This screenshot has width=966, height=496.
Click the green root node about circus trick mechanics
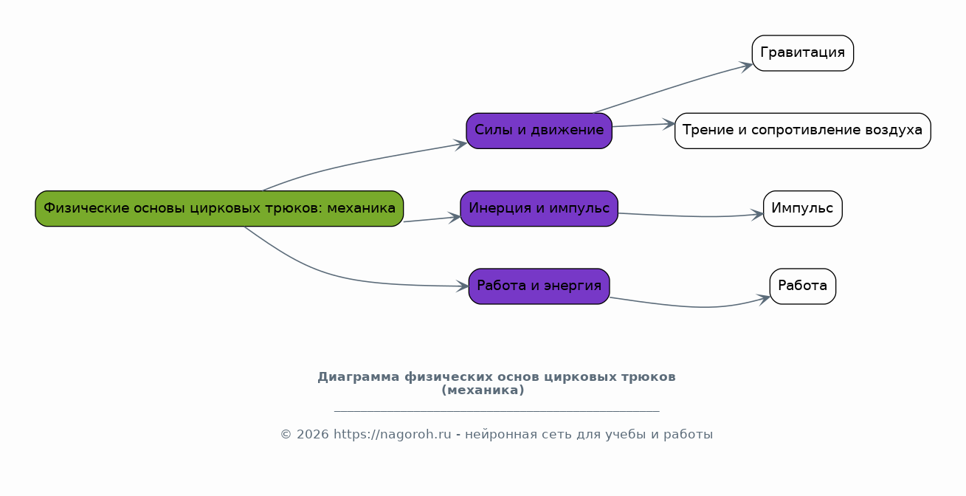point(219,208)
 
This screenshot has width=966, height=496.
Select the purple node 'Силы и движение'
point(539,131)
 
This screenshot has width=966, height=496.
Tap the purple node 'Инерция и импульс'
point(539,208)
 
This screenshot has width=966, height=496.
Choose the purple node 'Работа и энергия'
point(539,286)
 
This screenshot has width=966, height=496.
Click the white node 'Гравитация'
point(802,53)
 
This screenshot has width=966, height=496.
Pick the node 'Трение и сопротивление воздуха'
point(802,131)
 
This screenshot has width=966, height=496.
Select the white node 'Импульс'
point(802,208)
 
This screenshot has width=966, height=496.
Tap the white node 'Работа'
point(802,286)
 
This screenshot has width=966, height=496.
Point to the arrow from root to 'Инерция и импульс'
point(432,219)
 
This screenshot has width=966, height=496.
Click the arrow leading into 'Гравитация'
point(672,88)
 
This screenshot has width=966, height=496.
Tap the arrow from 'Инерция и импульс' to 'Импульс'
point(694,216)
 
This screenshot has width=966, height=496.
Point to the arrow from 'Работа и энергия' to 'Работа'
point(694,306)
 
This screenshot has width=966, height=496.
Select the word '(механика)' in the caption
point(483,390)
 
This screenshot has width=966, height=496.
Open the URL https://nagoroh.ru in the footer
point(392,435)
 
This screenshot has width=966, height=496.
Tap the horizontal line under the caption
point(496,411)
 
